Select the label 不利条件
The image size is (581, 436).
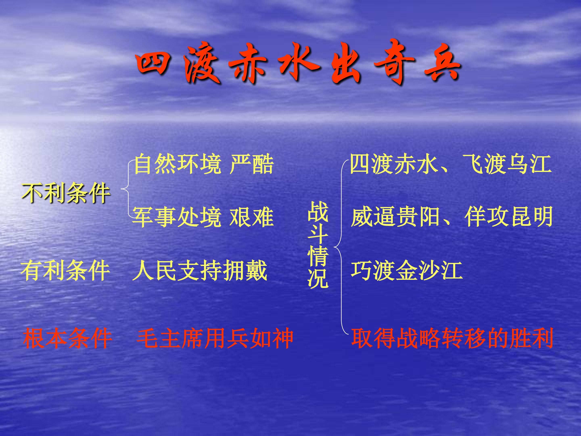[x=66, y=193]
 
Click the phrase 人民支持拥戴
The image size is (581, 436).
[x=200, y=271]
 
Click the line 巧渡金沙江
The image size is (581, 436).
[x=406, y=271]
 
